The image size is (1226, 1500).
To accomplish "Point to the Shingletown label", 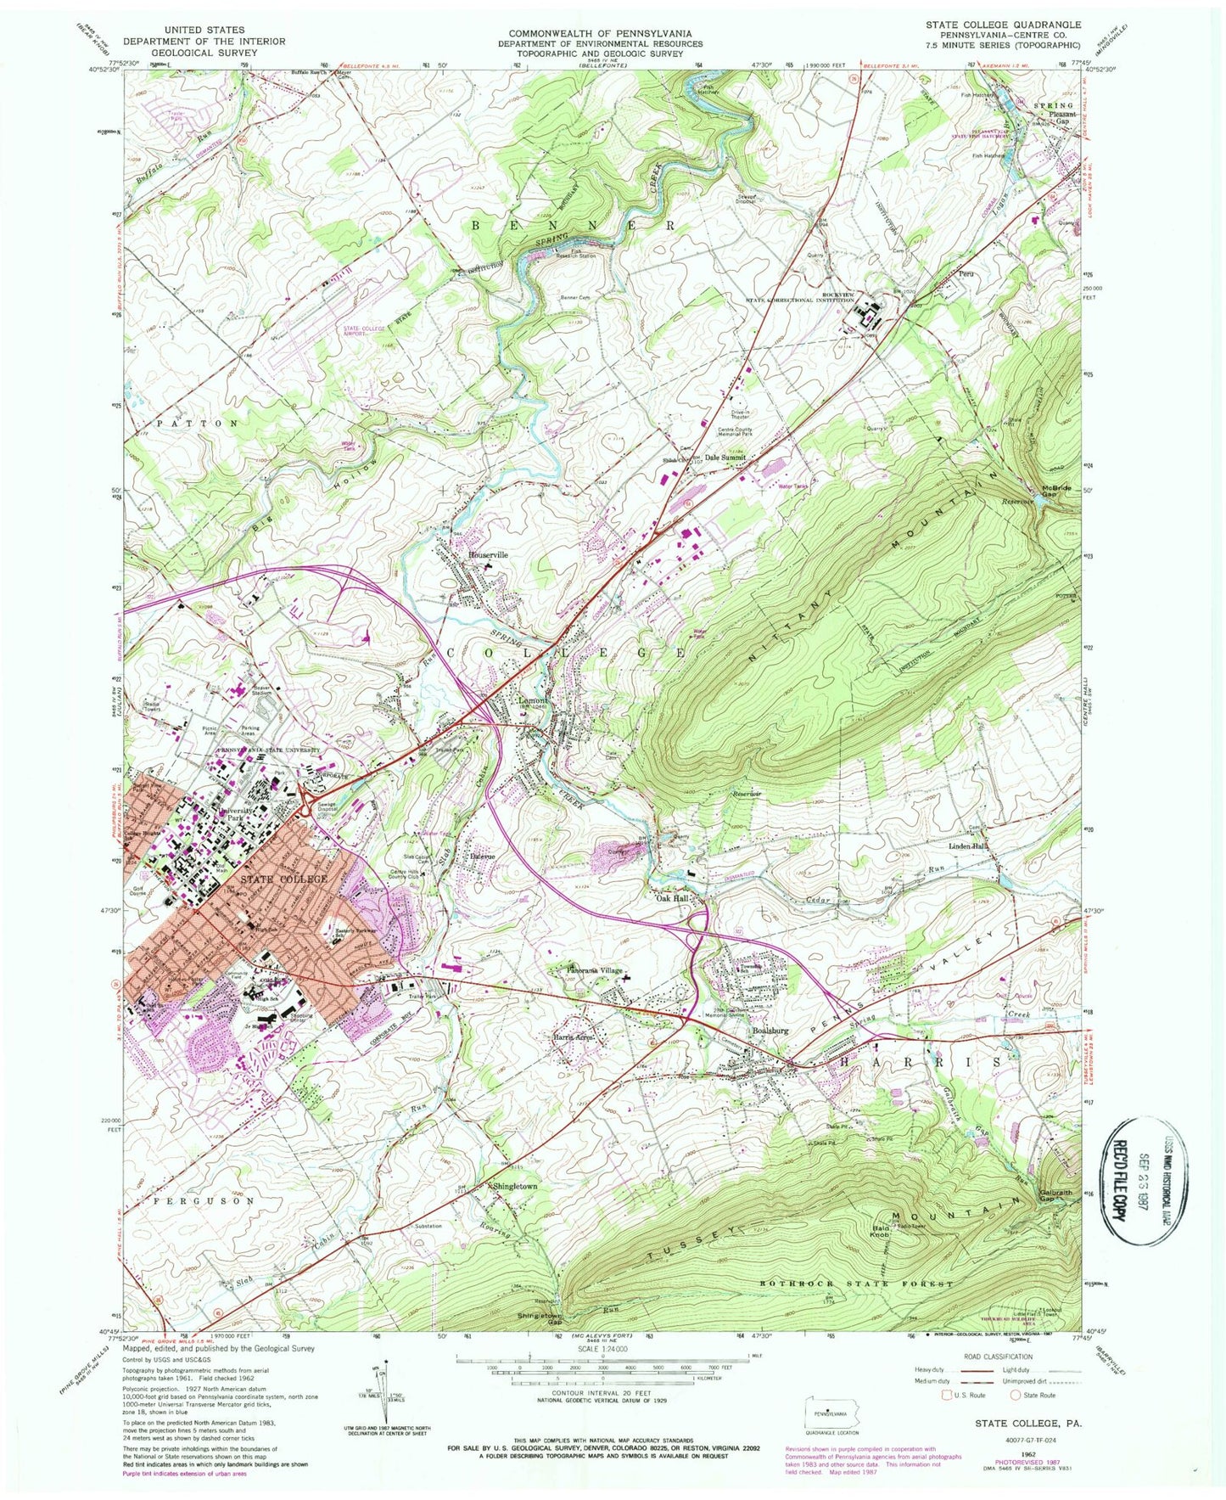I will pyautogui.click(x=512, y=1186).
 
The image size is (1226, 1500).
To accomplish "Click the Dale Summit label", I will pyautogui.click(x=725, y=458).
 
